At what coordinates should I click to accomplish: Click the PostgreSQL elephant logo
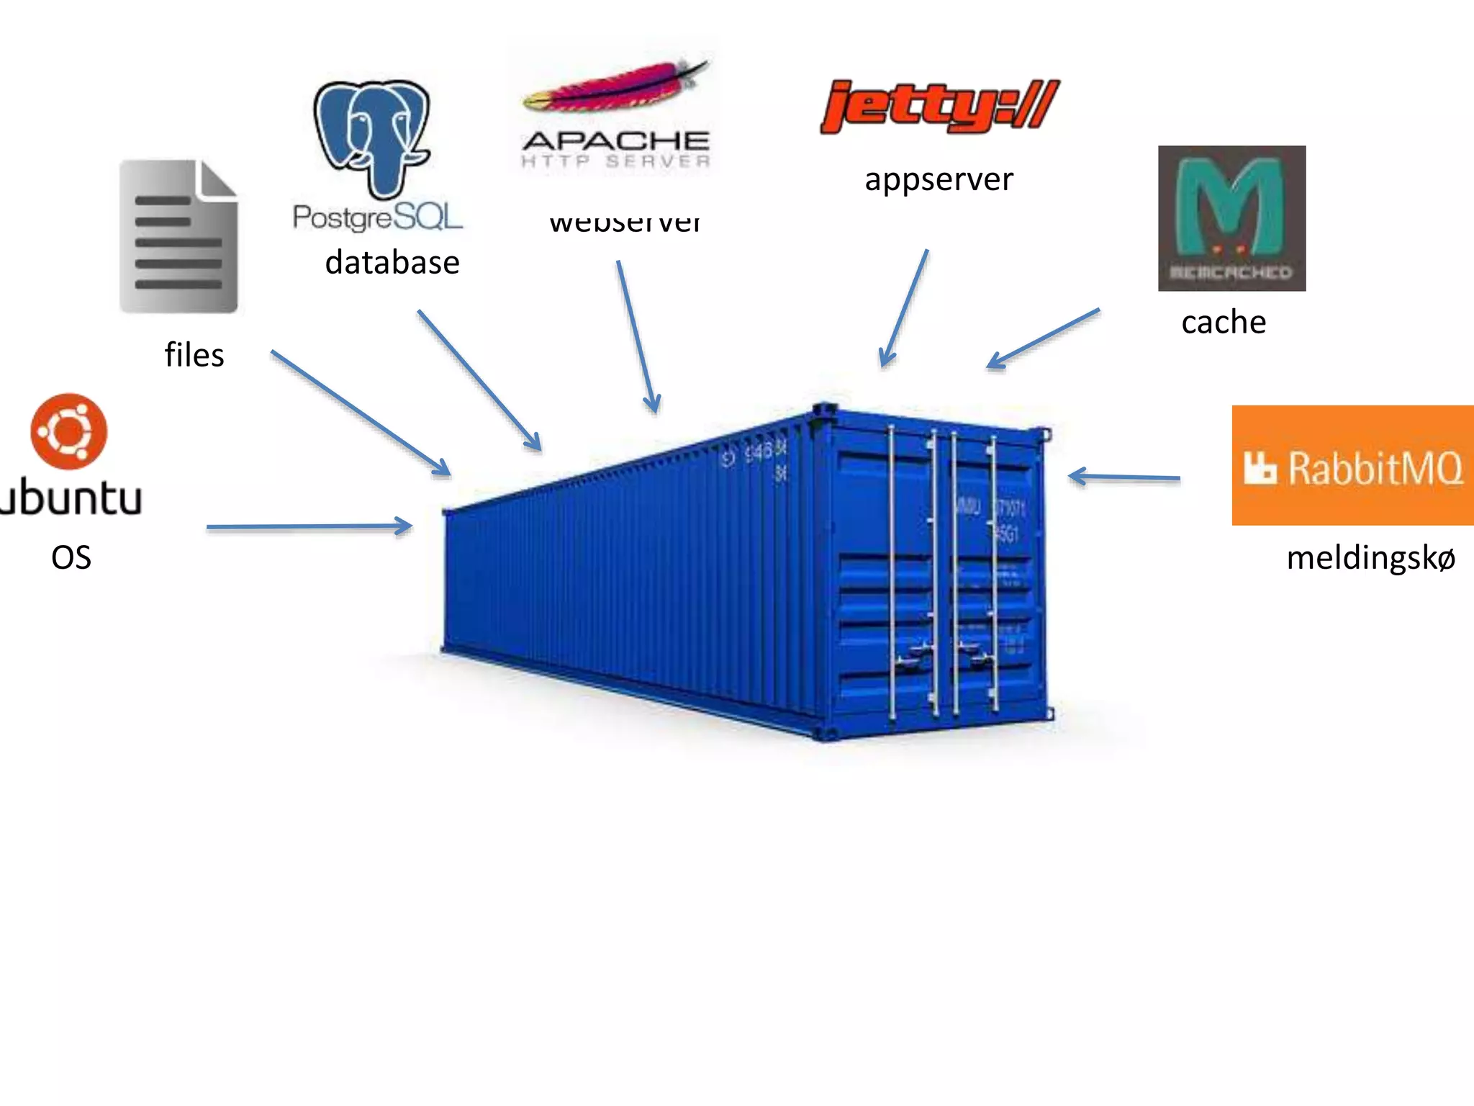click(x=372, y=137)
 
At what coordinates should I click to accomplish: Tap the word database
click(x=392, y=262)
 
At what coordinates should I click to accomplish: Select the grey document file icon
click(x=178, y=236)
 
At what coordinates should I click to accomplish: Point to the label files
click(x=194, y=355)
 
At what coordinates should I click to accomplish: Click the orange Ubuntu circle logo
click(x=69, y=431)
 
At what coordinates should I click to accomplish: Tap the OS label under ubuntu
click(x=71, y=557)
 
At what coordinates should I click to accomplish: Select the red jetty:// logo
click(x=939, y=107)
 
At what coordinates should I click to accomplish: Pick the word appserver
click(x=939, y=179)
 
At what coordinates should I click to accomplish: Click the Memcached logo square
click(x=1231, y=218)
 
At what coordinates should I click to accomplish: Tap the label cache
click(x=1224, y=322)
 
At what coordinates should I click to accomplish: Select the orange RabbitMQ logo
click(x=1352, y=465)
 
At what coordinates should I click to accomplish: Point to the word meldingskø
click(x=1370, y=558)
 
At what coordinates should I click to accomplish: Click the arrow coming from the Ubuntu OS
click(x=309, y=527)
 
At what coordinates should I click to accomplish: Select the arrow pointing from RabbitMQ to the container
click(x=1124, y=477)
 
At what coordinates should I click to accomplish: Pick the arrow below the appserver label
click(x=904, y=308)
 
